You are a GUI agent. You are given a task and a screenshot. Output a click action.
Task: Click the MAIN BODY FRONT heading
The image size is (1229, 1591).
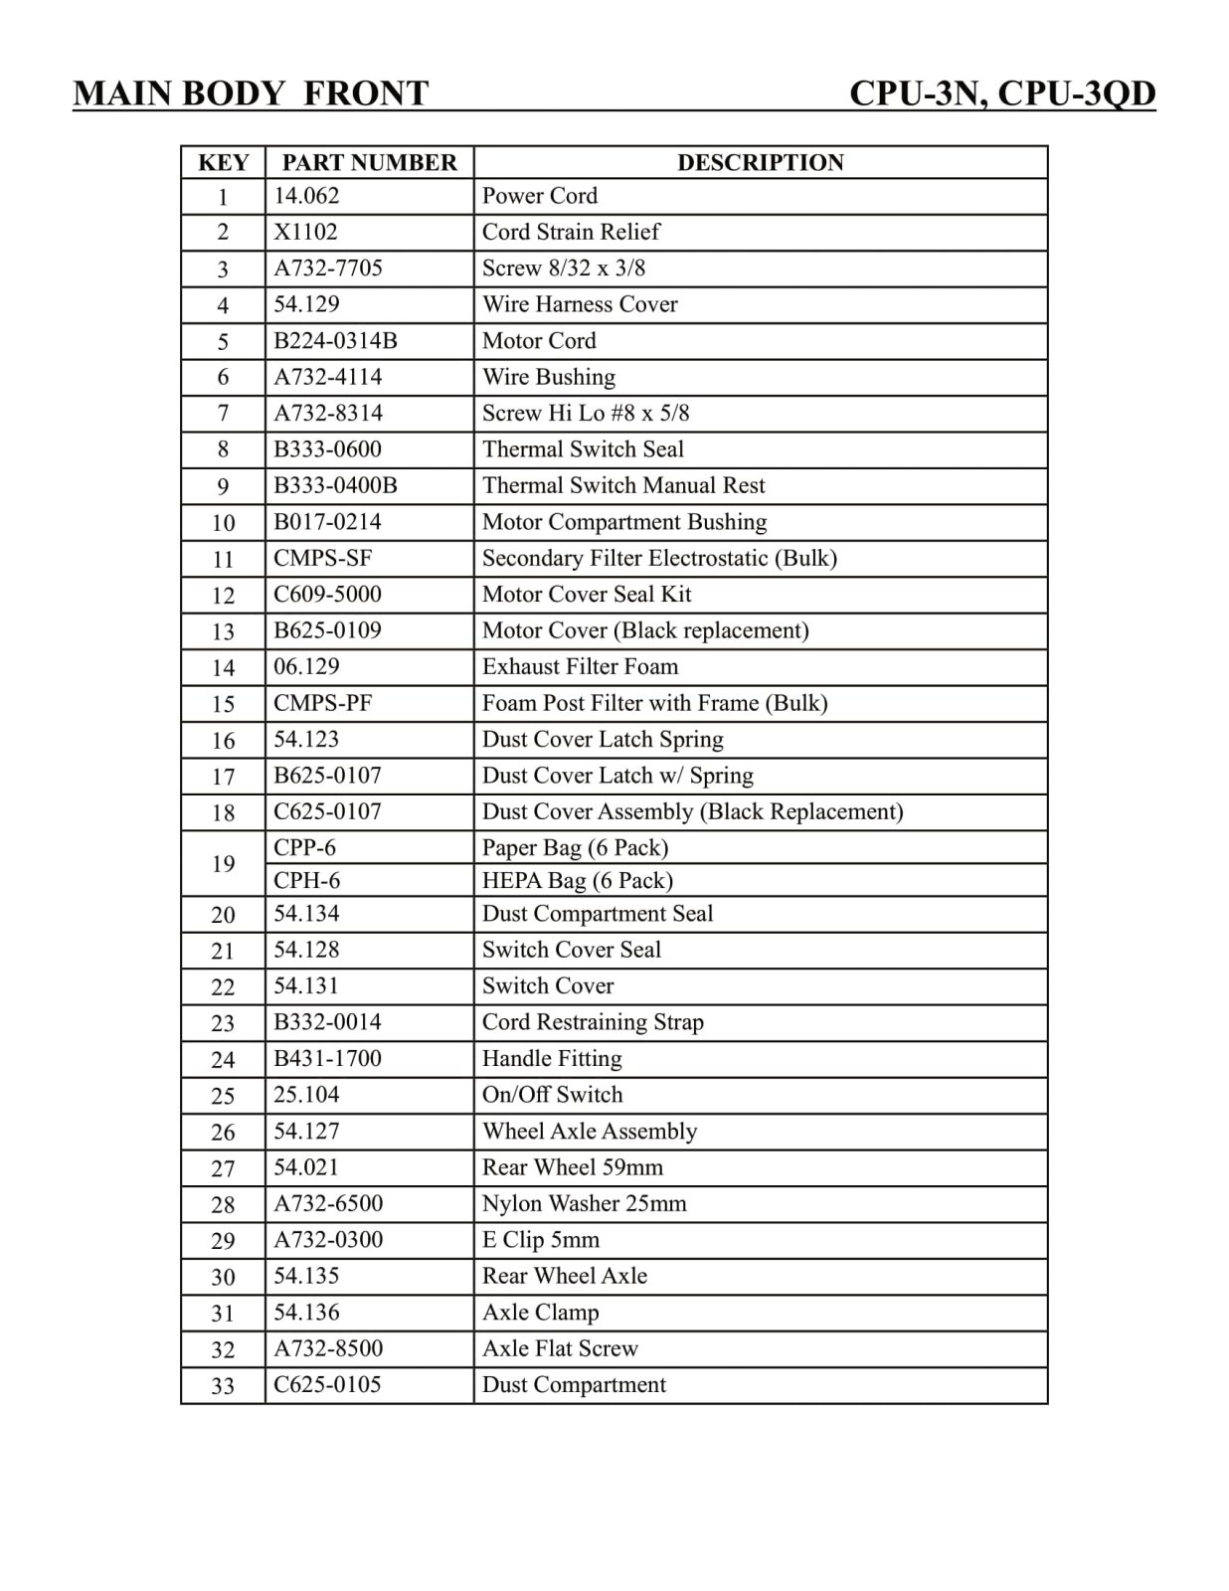(x=251, y=93)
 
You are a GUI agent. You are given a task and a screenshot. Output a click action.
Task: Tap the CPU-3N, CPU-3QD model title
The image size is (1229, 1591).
(x=1002, y=93)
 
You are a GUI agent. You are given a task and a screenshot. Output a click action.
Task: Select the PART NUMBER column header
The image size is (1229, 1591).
(x=369, y=162)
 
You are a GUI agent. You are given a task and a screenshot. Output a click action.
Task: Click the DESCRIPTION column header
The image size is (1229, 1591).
(x=761, y=162)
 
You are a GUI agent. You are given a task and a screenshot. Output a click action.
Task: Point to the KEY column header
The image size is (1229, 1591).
(x=223, y=162)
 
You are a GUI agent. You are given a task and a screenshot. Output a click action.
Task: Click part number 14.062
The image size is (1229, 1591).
(x=306, y=196)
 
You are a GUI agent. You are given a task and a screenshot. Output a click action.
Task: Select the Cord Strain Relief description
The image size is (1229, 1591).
(x=571, y=232)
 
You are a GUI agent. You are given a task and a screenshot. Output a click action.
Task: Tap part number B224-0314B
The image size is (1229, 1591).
(x=335, y=341)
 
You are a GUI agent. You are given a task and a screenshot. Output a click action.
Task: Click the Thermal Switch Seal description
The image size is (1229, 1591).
(x=583, y=449)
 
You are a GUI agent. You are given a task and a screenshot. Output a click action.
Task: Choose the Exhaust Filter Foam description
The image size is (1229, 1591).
(x=580, y=666)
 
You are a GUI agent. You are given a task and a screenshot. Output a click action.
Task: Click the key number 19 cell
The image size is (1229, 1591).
(x=223, y=863)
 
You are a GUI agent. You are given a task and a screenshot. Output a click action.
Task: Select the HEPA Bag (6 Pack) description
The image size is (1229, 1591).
(x=577, y=881)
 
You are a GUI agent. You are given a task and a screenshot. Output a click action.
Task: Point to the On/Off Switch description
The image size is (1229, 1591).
(x=552, y=1095)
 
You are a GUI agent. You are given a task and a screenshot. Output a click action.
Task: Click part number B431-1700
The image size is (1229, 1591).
(x=327, y=1058)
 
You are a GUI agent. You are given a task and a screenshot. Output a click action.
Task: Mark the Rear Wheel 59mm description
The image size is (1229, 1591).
(x=572, y=1167)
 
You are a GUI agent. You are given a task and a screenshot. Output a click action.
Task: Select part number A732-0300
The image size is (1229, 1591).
(x=328, y=1240)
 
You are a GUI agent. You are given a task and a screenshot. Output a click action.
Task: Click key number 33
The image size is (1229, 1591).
(x=223, y=1385)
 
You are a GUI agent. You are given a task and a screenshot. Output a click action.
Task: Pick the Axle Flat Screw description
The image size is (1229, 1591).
(x=560, y=1348)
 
